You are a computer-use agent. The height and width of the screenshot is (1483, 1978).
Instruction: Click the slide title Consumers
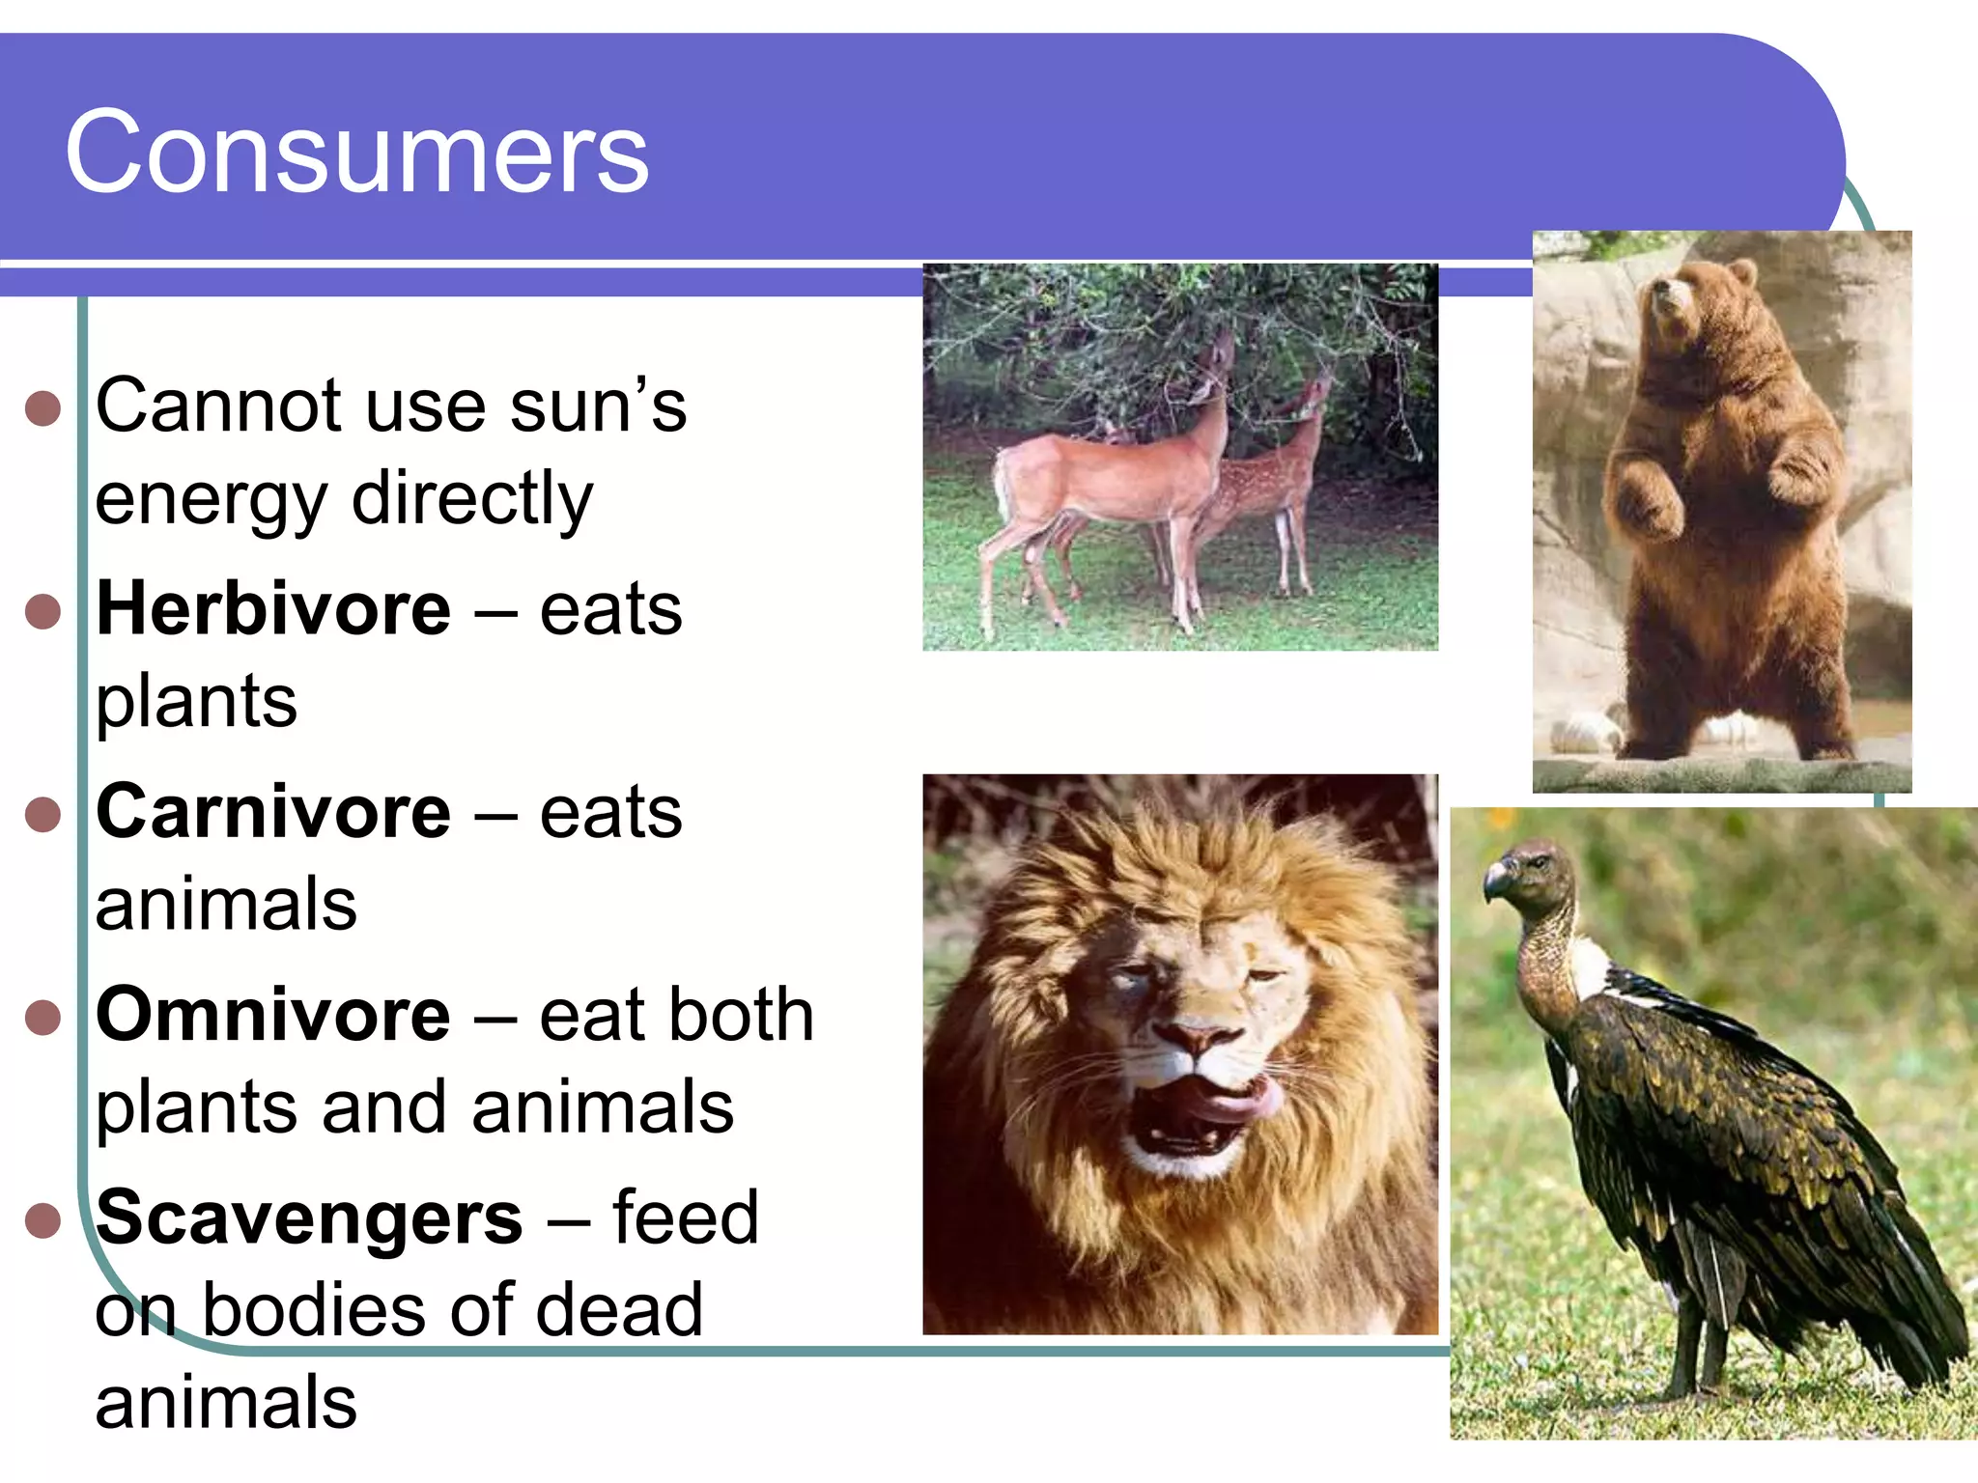coord(356,153)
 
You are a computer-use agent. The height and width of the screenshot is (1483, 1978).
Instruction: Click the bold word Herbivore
coord(273,610)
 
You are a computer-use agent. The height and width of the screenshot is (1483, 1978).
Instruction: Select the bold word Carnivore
coord(273,813)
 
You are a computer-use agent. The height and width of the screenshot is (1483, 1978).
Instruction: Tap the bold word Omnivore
coord(273,1016)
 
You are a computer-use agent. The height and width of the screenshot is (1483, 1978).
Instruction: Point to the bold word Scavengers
coord(309,1218)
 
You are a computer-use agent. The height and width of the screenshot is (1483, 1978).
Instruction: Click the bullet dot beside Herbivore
coord(43,611)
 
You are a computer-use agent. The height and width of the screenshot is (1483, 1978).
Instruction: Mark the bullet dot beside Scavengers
coord(43,1219)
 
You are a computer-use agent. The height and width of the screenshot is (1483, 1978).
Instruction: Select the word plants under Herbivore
coord(196,703)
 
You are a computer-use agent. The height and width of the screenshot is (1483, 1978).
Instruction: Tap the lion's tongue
coord(1241,1101)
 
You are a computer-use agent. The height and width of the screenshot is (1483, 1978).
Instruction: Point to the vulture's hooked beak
coord(1495,881)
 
